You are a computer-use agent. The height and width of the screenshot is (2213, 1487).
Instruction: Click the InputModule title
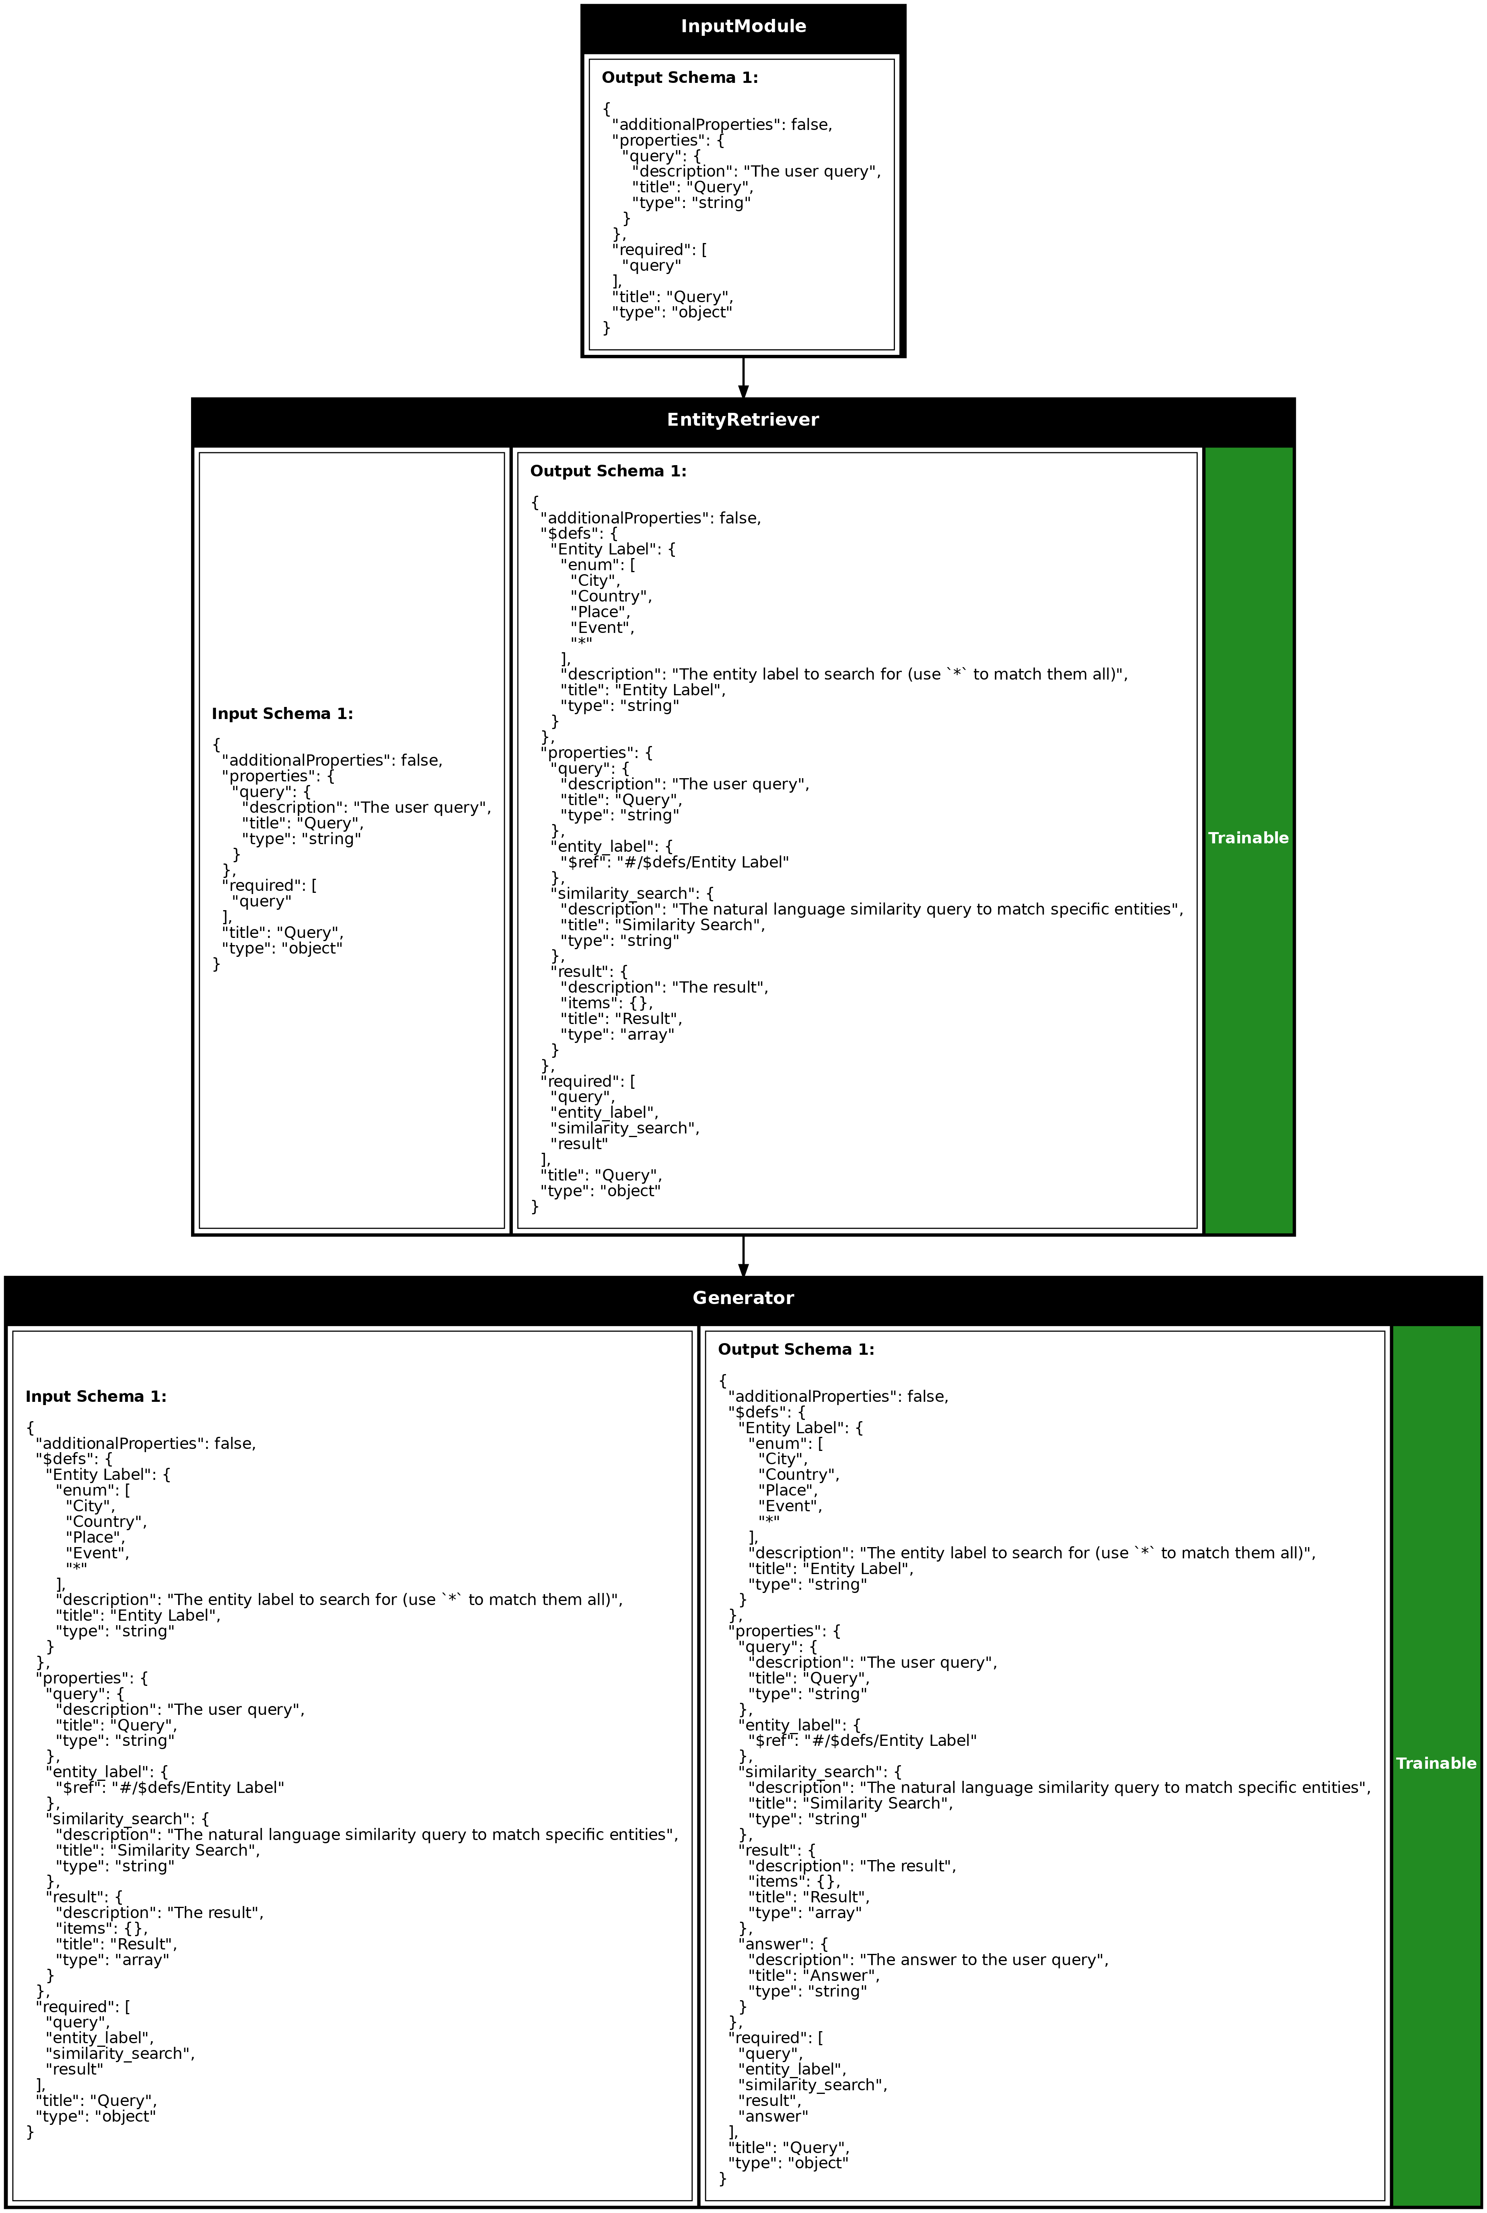pyautogui.click(x=743, y=27)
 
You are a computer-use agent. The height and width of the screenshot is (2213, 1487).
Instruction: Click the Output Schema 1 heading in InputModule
pyautogui.click(x=680, y=78)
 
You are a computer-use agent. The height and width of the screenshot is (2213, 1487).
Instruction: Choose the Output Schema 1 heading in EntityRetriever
pyautogui.click(x=608, y=472)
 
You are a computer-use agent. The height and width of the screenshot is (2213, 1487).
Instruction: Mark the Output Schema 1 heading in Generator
pyautogui.click(x=796, y=1350)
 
